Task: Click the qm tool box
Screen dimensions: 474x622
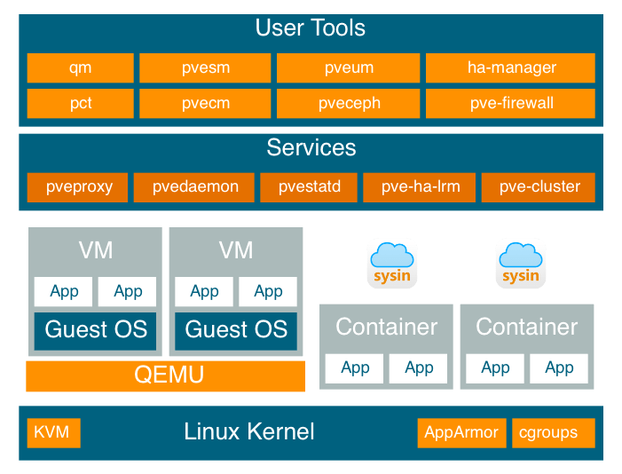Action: click(x=80, y=68)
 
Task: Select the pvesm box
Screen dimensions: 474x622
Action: click(x=205, y=68)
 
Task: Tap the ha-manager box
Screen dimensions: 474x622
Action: click(x=511, y=68)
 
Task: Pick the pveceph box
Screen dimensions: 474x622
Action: click(x=349, y=103)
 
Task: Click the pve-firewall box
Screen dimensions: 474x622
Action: click(x=511, y=103)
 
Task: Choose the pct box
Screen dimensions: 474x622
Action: click(x=80, y=103)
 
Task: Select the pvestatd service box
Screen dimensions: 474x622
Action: click(x=308, y=187)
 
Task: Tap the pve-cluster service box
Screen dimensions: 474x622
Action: click(x=539, y=187)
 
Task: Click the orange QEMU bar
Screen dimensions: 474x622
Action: click(x=166, y=375)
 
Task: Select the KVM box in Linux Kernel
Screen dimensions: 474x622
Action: click(x=53, y=433)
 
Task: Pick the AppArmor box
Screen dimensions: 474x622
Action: click(x=462, y=433)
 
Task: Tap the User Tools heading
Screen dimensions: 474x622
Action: click(x=311, y=28)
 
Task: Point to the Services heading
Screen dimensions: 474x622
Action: click(x=311, y=147)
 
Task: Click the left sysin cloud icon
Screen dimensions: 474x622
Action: click(x=392, y=264)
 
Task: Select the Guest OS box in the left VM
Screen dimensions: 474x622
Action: click(x=96, y=330)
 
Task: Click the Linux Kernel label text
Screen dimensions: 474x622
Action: click(x=249, y=433)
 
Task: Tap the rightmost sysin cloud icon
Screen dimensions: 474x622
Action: click(x=521, y=264)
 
